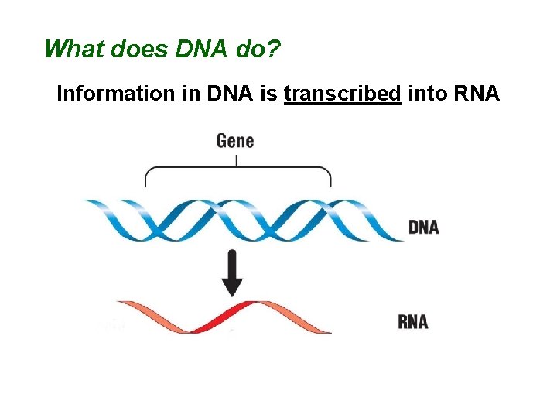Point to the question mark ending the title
point(275,50)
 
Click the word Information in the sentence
point(105,94)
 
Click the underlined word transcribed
point(343,94)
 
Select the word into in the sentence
point(426,94)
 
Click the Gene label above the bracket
point(235,141)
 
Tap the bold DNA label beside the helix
point(423,227)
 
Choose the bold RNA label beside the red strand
point(413,321)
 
